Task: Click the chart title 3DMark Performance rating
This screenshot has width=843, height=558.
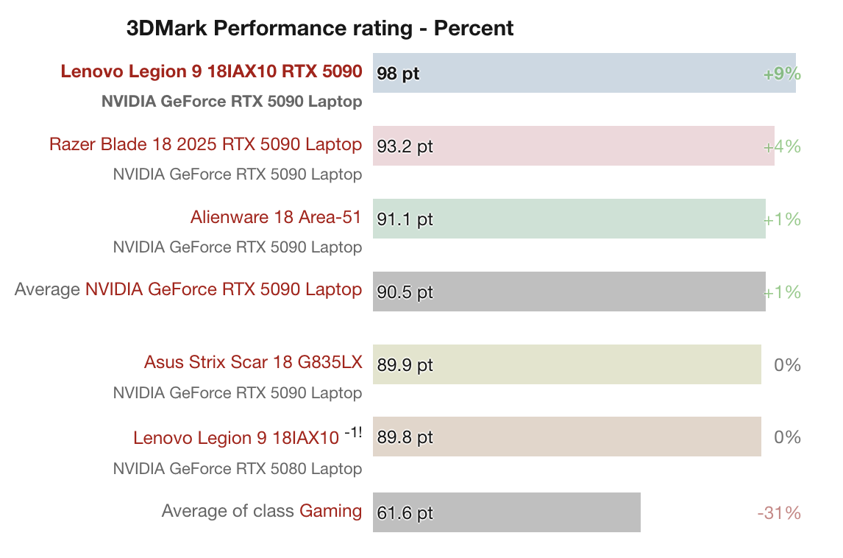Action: click(x=320, y=29)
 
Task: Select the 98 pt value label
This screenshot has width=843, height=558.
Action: click(x=398, y=74)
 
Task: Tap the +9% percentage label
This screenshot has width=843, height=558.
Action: click(x=782, y=74)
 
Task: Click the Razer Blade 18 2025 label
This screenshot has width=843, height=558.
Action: click(x=205, y=144)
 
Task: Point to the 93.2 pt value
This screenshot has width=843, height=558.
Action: click(x=405, y=146)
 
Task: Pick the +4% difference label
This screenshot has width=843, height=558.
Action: click(x=782, y=146)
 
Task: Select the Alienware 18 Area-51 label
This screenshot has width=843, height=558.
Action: click(x=276, y=217)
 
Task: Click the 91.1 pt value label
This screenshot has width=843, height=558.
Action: click(x=405, y=219)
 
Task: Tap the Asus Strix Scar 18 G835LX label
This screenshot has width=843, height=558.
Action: click(x=253, y=362)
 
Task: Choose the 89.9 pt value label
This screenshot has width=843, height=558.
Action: click(x=405, y=365)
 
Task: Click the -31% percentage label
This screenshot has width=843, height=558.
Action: click(x=779, y=513)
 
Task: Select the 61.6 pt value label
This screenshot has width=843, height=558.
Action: click(x=405, y=513)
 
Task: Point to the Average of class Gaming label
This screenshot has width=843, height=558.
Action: click(x=262, y=511)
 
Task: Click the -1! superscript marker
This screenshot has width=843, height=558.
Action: click(x=353, y=432)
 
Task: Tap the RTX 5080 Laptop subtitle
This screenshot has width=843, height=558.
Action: click(x=238, y=468)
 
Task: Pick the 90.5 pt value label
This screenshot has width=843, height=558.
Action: click(x=405, y=292)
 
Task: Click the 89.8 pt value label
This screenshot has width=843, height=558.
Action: click(x=405, y=437)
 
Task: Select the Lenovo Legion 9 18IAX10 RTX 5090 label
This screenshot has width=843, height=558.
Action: click(x=211, y=71)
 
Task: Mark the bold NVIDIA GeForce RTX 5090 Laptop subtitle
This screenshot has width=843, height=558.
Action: click(x=232, y=102)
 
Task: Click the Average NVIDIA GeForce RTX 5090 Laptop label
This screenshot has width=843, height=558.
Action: click(x=188, y=290)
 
